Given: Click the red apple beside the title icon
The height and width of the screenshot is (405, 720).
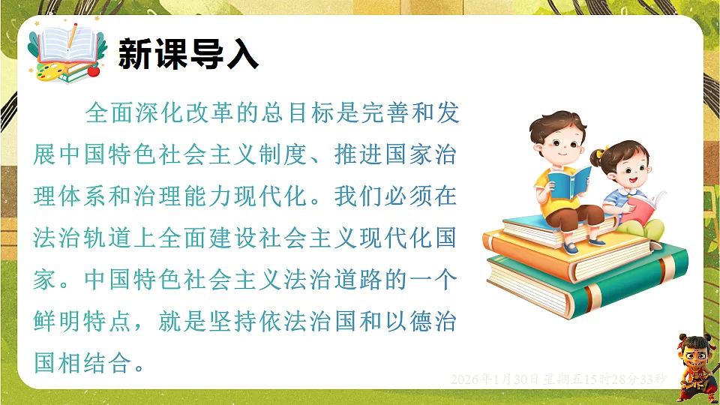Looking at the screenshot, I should tap(94, 71).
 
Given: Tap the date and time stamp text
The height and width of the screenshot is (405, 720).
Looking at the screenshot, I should tap(558, 380).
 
